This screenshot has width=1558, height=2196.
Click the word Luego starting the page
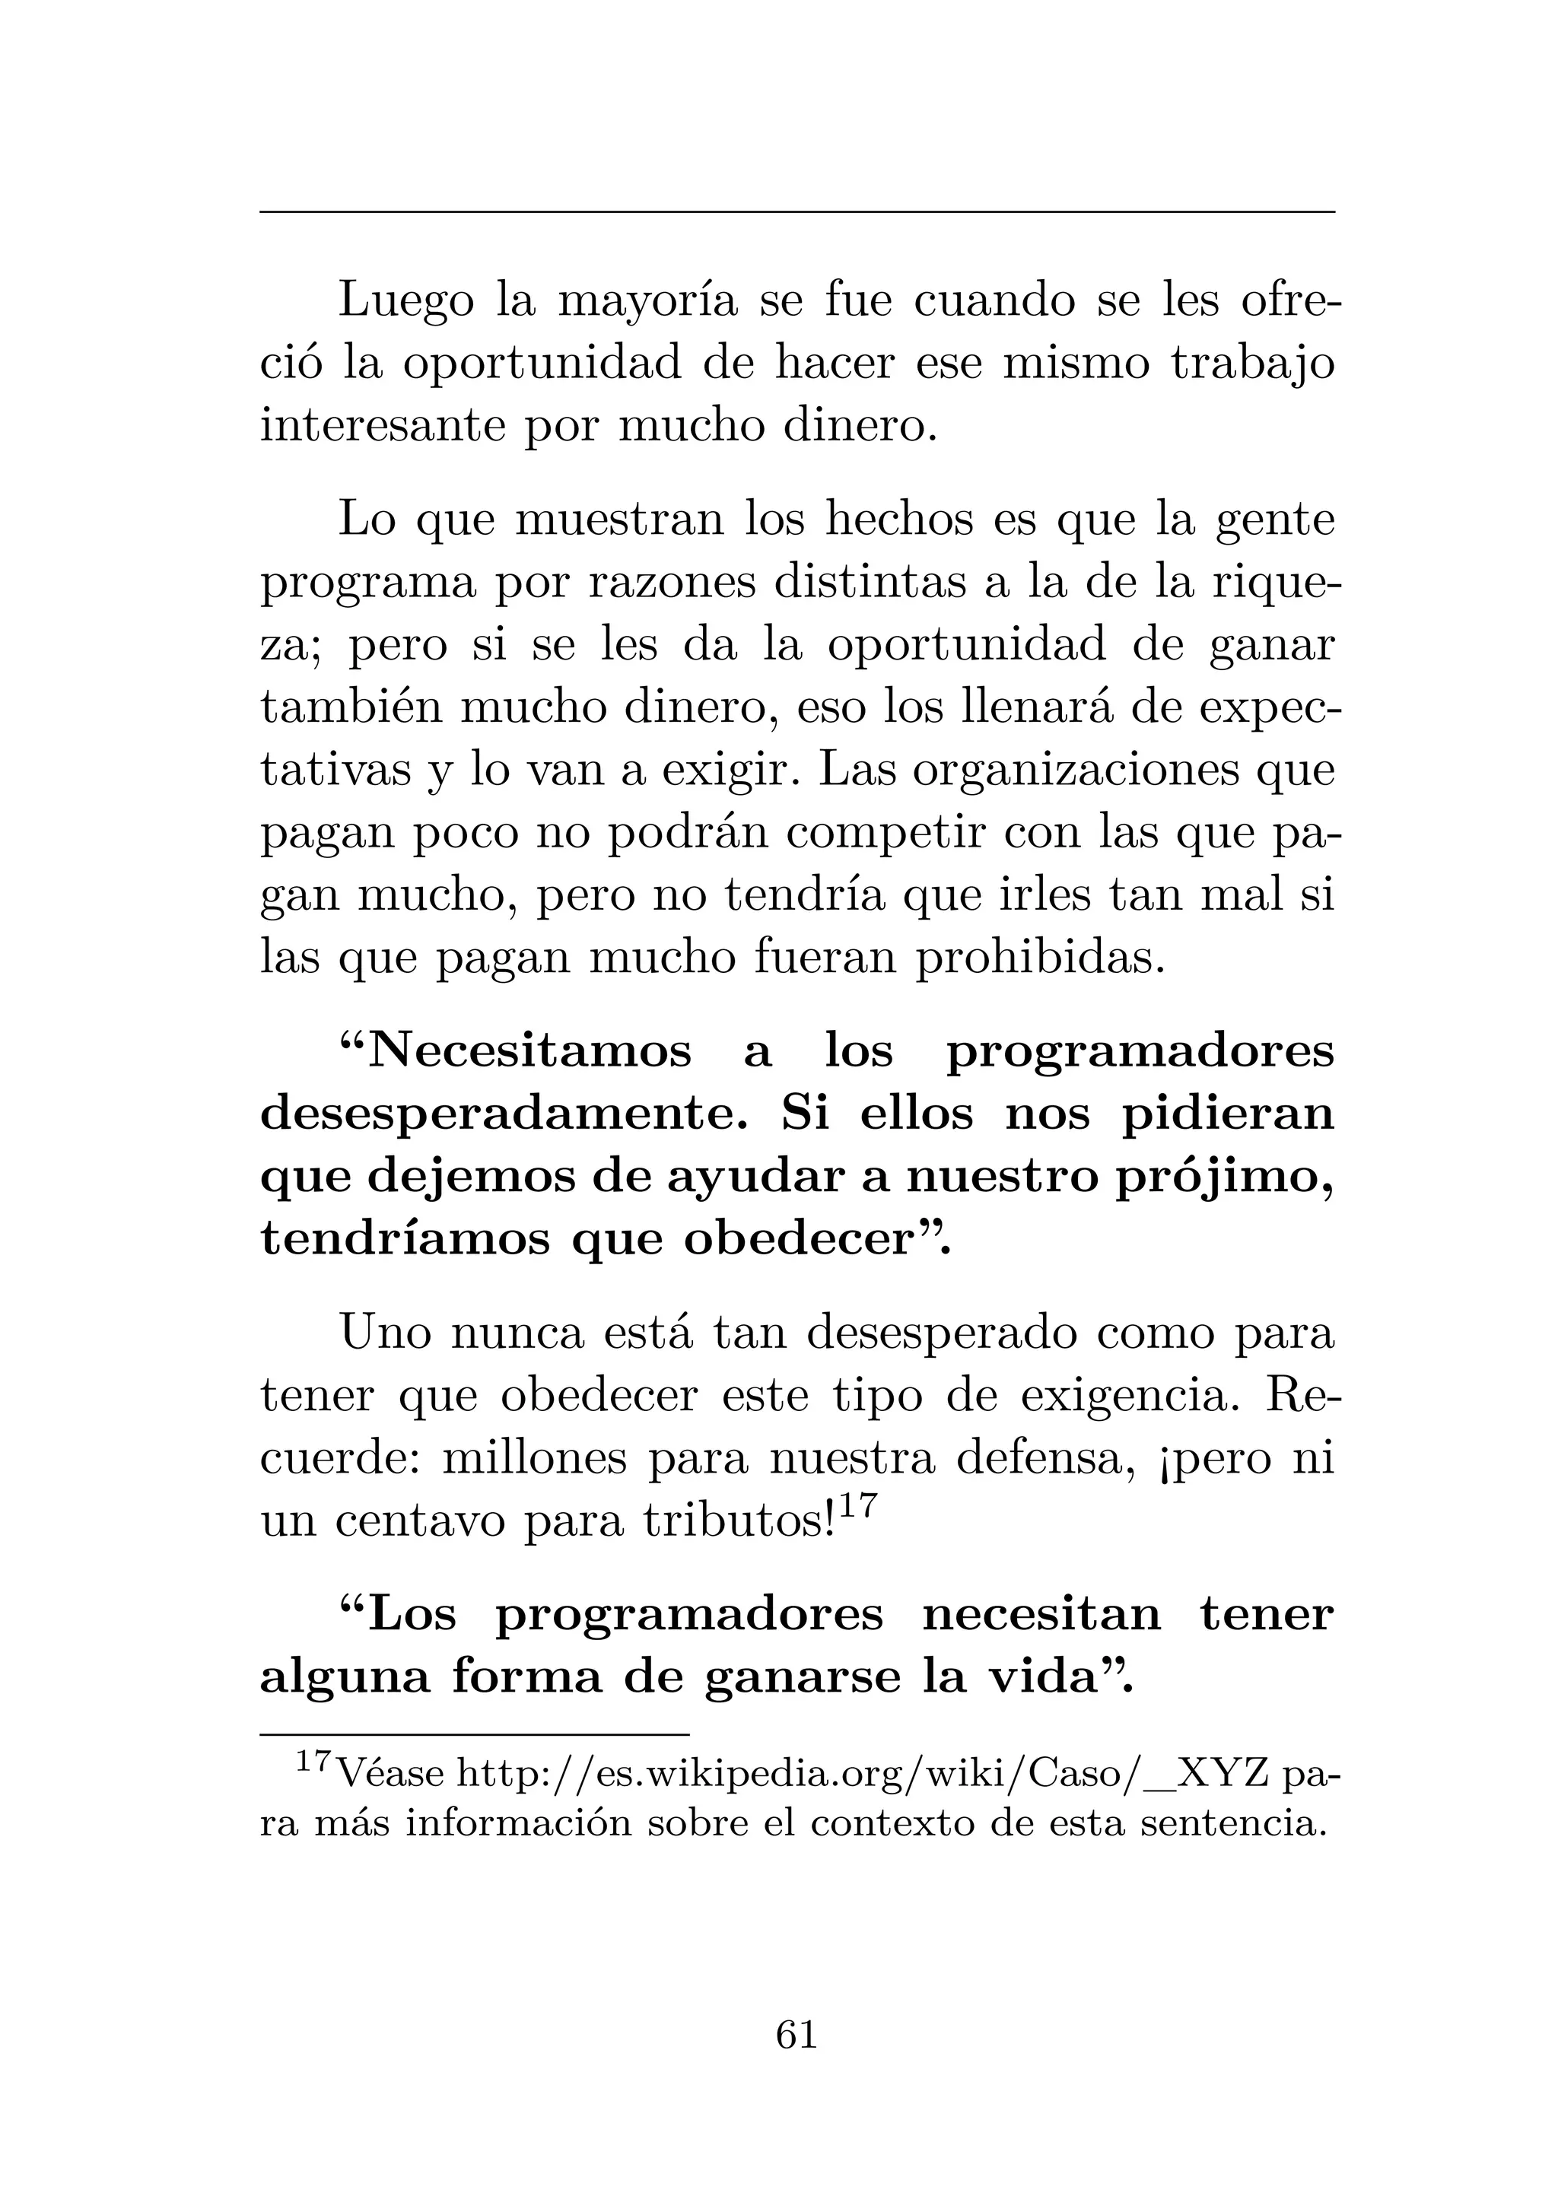[x=405, y=303]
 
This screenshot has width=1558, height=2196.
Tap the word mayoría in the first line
[x=647, y=303]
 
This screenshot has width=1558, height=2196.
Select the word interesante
[x=381, y=427]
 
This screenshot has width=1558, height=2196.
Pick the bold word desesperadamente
[x=508, y=1115]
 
